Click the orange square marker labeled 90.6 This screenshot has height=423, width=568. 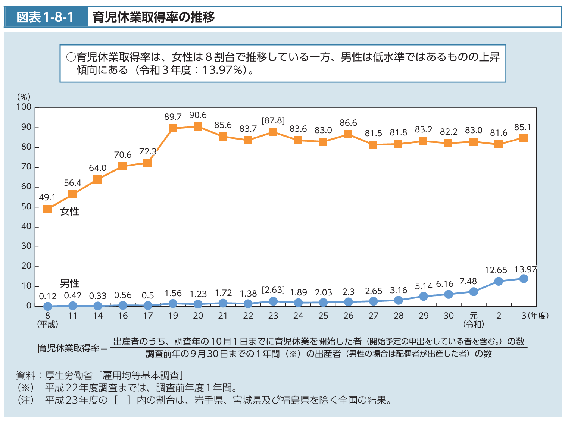tap(198, 126)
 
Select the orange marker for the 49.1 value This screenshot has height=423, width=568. tap(47, 209)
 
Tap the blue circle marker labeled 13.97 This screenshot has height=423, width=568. tap(524, 279)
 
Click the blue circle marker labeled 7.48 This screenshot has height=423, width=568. tap(474, 292)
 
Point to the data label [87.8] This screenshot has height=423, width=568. tap(273, 120)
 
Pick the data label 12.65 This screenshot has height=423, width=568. tap(496, 270)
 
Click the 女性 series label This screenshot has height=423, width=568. tap(70, 211)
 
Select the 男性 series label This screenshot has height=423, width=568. tap(70, 283)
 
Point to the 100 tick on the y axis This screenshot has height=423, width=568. tap(24, 107)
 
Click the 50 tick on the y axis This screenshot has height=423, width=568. tap(26, 207)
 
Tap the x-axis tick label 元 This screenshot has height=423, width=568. tap(474, 316)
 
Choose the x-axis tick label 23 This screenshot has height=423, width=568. tap(273, 316)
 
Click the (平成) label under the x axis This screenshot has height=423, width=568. tap(48, 324)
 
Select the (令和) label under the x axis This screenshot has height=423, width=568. tap(474, 324)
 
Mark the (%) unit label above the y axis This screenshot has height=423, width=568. tap(24, 97)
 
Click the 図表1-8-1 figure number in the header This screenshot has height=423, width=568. tap(46, 17)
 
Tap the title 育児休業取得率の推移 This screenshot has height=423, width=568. tap(154, 17)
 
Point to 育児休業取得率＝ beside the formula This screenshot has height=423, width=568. tap(72, 348)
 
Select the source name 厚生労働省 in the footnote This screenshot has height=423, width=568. tap(68, 375)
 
